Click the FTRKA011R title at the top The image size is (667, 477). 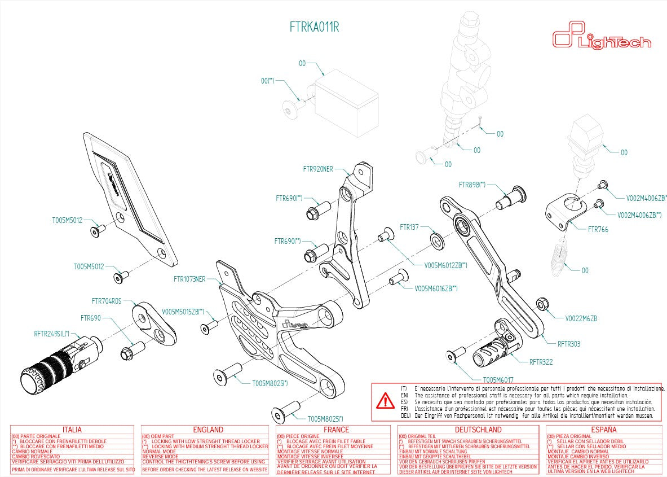coord(314,27)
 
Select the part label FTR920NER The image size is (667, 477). coord(318,169)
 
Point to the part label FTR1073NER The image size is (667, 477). coord(189,279)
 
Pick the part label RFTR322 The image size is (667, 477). coord(541,362)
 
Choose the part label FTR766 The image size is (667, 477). coord(598,230)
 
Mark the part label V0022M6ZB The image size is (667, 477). coord(581,319)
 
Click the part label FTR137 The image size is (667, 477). coord(409,227)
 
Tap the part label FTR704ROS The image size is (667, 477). coord(107,301)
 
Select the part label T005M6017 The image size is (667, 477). coord(498,380)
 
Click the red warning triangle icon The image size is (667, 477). coord(386,401)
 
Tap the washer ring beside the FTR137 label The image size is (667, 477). coord(436,240)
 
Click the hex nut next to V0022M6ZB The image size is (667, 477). coord(541,304)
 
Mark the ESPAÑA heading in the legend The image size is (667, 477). coord(604,430)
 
